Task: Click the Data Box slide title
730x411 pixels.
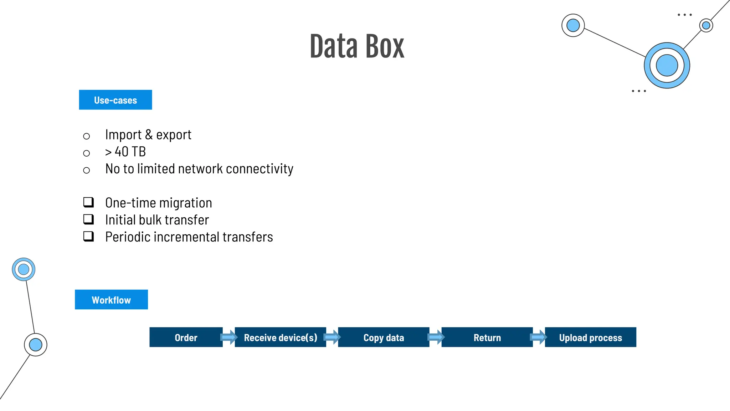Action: (x=357, y=46)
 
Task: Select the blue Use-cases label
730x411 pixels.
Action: (x=115, y=100)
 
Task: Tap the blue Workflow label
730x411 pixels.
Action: (x=111, y=300)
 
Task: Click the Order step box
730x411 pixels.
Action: (x=186, y=337)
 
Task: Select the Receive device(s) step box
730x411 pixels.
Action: (x=280, y=337)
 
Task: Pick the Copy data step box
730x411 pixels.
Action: (x=384, y=337)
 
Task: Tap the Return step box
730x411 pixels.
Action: (x=487, y=337)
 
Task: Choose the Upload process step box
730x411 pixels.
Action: (x=590, y=337)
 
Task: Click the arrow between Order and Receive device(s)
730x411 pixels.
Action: (x=229, y=337)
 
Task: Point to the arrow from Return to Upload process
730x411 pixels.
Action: (x=539, y=337)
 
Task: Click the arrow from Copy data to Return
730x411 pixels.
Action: (x=436, y=337)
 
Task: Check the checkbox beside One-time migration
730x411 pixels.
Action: (x=88, y=202)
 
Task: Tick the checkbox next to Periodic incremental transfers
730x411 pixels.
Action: (x=88, y=237)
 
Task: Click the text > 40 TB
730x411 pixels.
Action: (x=125, y=152)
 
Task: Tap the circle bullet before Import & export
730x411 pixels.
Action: (x=86, y=136)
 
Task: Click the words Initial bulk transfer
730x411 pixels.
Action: (x=157, y=220)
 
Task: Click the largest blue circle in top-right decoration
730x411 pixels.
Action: (x=667, y=65)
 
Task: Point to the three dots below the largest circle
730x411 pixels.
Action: (x=638, y=91)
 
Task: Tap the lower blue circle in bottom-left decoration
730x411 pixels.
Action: (x=36, y=345)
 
